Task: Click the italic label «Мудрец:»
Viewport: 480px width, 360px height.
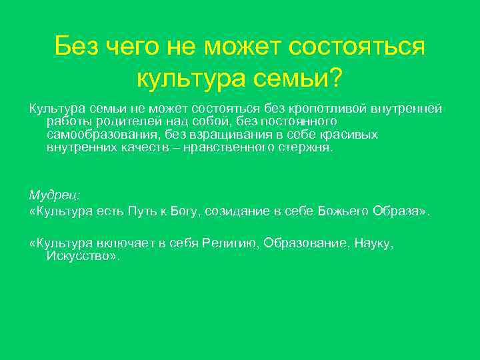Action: pyautogui.click(x=55, y=195)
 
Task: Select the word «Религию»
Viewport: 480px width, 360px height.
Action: pyautogui.click(x=227, y=244)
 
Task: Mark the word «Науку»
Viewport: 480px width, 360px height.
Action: pyautogui.click(x=373, y=244)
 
